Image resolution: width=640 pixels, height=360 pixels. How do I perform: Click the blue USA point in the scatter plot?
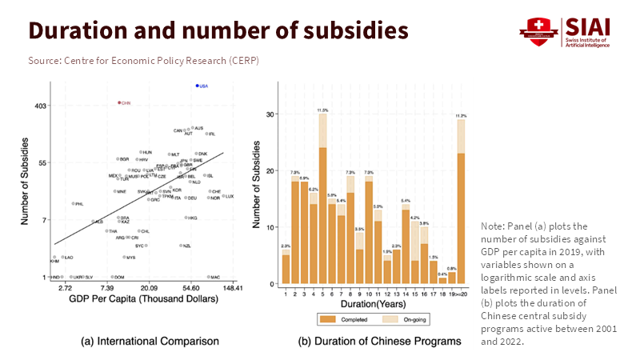click(197, 86)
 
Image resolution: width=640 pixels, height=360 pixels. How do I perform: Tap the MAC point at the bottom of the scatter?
click(206, 277)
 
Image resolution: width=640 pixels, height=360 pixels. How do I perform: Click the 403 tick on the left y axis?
click(40, 105)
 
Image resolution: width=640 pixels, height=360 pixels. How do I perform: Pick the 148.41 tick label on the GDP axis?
click(233, 286)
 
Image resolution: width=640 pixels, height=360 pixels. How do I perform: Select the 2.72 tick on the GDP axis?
click(65, 286)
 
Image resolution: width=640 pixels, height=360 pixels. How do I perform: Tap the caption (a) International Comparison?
click(150, 342)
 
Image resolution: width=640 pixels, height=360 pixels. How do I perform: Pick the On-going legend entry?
click(404, 319)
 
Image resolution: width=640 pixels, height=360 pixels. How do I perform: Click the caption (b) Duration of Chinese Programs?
click(379, 342)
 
